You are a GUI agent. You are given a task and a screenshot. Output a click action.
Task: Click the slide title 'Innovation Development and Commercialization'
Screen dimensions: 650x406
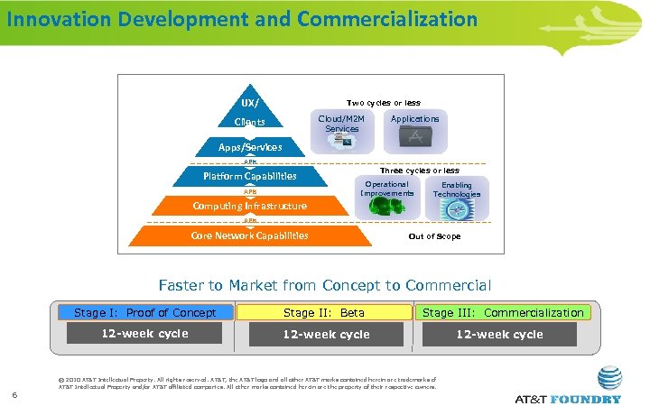point(242,18)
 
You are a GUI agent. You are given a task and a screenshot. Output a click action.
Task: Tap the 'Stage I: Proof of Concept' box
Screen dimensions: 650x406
point(145,313)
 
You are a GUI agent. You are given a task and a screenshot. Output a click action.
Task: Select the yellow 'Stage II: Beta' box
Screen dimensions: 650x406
point(324,313)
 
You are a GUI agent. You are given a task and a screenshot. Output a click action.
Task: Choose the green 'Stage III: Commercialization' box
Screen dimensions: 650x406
point(503,313)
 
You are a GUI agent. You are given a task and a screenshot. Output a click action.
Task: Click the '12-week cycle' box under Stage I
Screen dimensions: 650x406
point(144,334)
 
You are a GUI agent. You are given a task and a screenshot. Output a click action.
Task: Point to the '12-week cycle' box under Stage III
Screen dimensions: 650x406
point(499,334)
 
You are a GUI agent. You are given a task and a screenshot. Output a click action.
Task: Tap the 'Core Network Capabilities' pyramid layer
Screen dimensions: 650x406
point(249,236)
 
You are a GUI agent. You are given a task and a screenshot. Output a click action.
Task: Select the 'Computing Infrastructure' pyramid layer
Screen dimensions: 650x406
point(249,206)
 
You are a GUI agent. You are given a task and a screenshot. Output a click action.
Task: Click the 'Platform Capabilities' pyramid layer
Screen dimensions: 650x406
point(249,176)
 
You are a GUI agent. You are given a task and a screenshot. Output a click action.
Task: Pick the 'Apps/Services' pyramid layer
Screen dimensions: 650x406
point(249,146)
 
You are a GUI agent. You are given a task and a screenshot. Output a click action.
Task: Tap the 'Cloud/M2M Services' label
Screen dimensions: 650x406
point(342,124)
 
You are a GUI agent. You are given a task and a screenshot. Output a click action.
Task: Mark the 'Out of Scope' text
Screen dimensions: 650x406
point(434,236)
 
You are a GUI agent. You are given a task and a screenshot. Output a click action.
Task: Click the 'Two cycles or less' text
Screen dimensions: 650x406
point(384,103)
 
